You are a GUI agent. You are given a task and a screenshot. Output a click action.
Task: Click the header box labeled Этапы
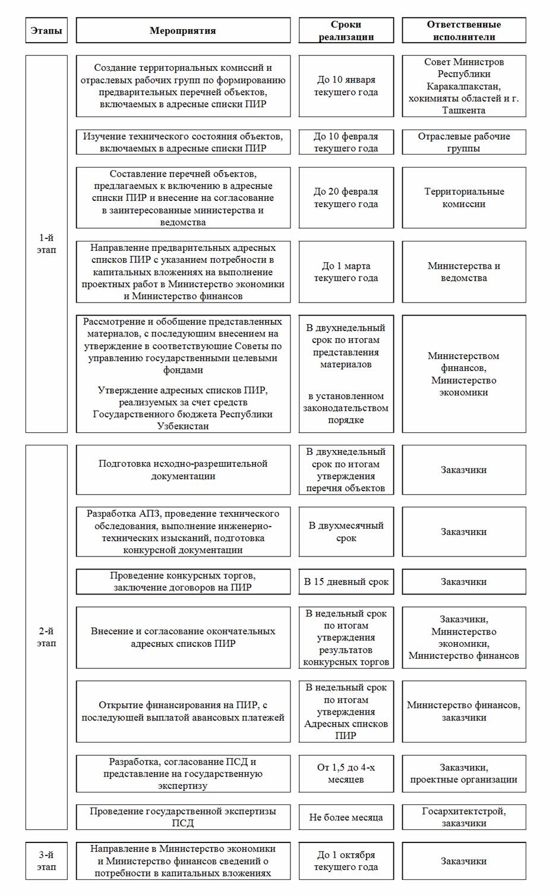click(46, 30)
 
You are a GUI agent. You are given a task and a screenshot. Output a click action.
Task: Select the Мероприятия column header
click(183, 30)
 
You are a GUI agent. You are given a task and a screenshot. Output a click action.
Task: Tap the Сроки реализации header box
click(346, 30)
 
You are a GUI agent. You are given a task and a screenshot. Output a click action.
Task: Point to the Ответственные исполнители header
click(463, 30)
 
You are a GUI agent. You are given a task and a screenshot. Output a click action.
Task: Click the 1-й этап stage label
click(46, 244)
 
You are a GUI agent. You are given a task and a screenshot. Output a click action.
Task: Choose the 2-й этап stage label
click(46, 637)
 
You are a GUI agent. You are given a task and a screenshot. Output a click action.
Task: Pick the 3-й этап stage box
click(46, 860)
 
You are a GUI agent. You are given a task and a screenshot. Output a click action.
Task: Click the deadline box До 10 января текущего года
click(346, 86)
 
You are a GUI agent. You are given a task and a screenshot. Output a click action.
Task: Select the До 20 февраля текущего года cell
click(346, 197)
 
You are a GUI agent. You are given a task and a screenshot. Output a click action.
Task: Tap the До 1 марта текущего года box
click(346, 272)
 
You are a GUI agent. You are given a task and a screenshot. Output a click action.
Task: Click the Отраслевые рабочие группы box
click(463, 142)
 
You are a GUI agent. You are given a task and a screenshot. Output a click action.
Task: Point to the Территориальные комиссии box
click(463, 197)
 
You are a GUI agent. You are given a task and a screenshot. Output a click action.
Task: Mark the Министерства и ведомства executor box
click(463, 272)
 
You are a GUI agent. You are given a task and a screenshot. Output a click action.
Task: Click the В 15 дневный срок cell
click(346, 581)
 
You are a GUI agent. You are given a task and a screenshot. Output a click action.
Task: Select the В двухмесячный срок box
click(346, 532)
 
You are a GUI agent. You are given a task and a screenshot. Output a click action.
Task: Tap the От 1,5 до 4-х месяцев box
click(346, 773)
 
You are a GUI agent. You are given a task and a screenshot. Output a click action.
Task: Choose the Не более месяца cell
click(346, 817)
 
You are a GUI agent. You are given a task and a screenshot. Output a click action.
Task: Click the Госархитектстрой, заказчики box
click(463, 817)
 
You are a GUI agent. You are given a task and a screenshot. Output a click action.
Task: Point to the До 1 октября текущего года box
click(346, 860)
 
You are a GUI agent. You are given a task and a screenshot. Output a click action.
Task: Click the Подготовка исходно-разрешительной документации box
click(183, 470)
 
